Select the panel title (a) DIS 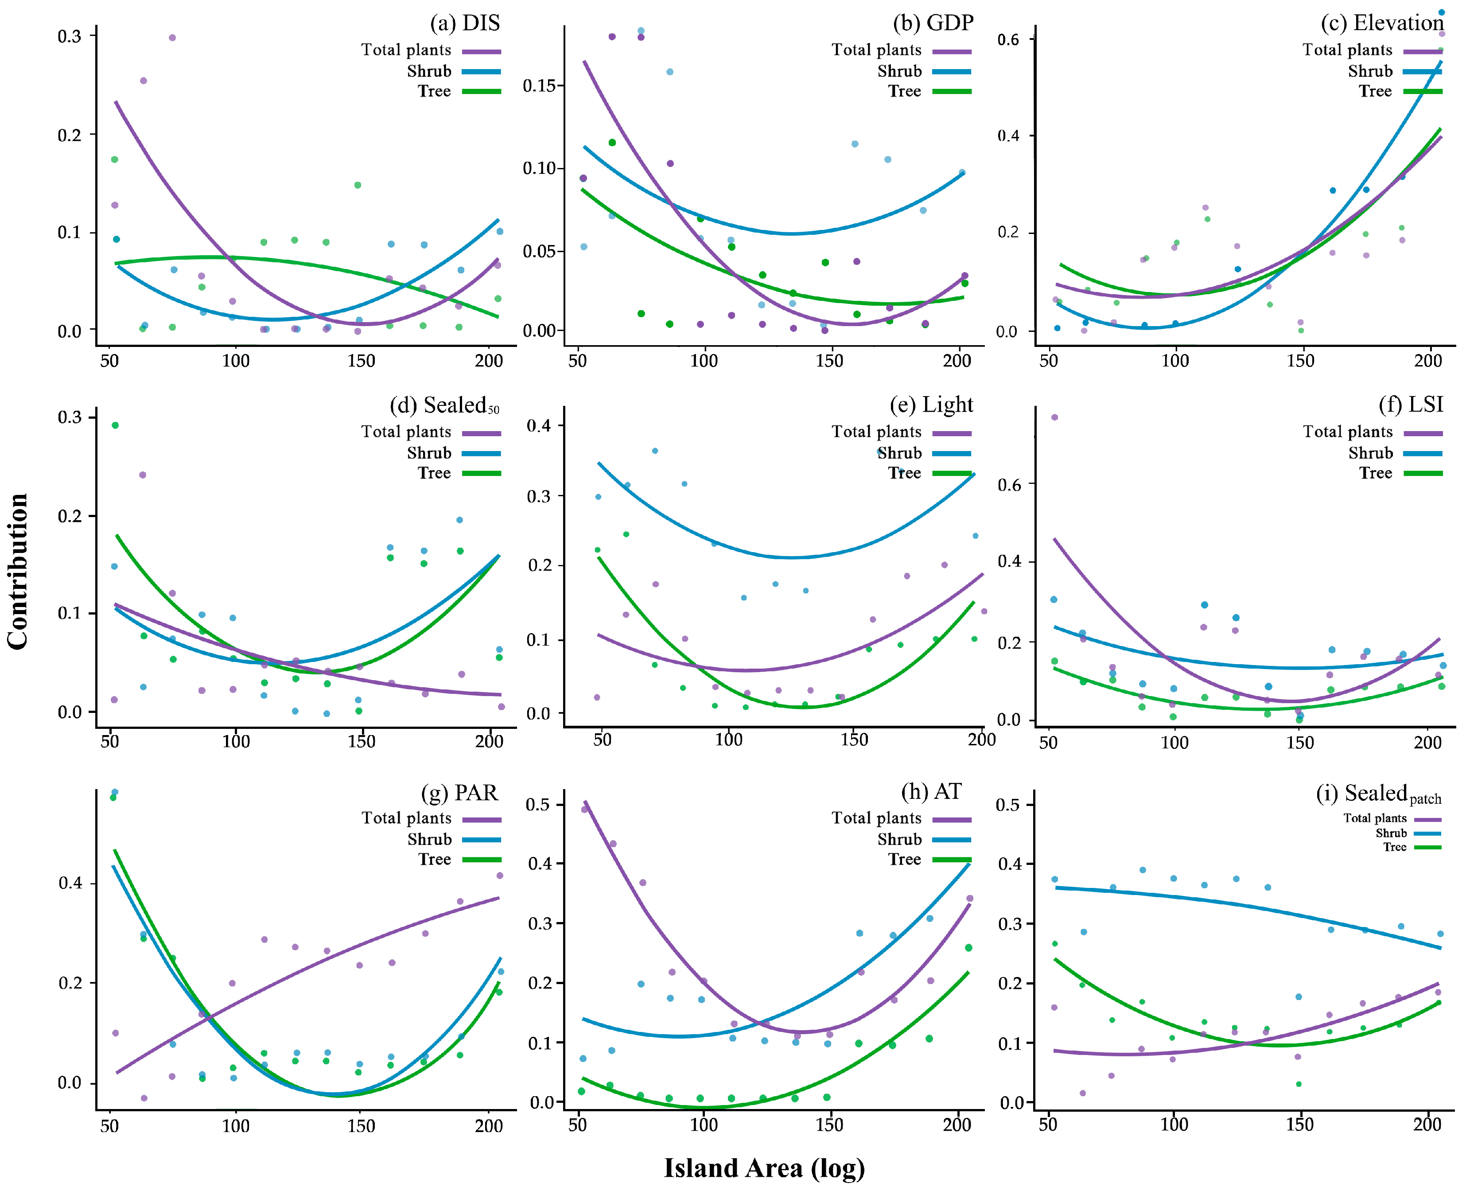464,23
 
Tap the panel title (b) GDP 933,23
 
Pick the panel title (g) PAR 459,793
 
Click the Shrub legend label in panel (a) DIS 429,71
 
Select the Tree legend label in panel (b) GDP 904,91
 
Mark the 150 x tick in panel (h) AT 829,1125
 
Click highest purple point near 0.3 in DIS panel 173,38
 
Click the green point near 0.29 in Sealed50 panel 115,425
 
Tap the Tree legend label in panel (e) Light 904,473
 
